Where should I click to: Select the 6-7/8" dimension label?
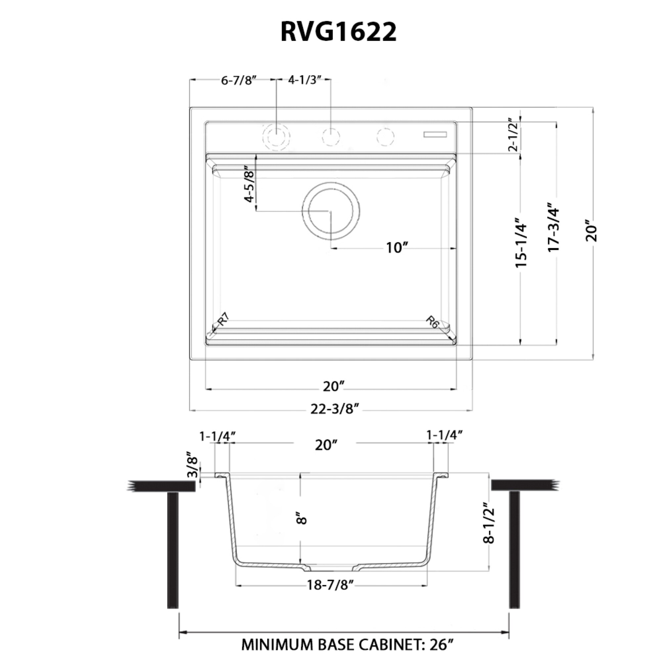[239, 80]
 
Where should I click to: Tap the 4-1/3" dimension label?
[305, 80]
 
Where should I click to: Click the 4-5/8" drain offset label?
[250, 184]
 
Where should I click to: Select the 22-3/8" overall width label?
[335, 409]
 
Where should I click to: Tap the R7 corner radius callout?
[223, 319]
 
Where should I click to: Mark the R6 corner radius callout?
[433, 322]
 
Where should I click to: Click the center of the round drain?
[331, 211]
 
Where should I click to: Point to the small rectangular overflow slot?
[435, 134]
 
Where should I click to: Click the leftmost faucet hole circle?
[276, 136]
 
